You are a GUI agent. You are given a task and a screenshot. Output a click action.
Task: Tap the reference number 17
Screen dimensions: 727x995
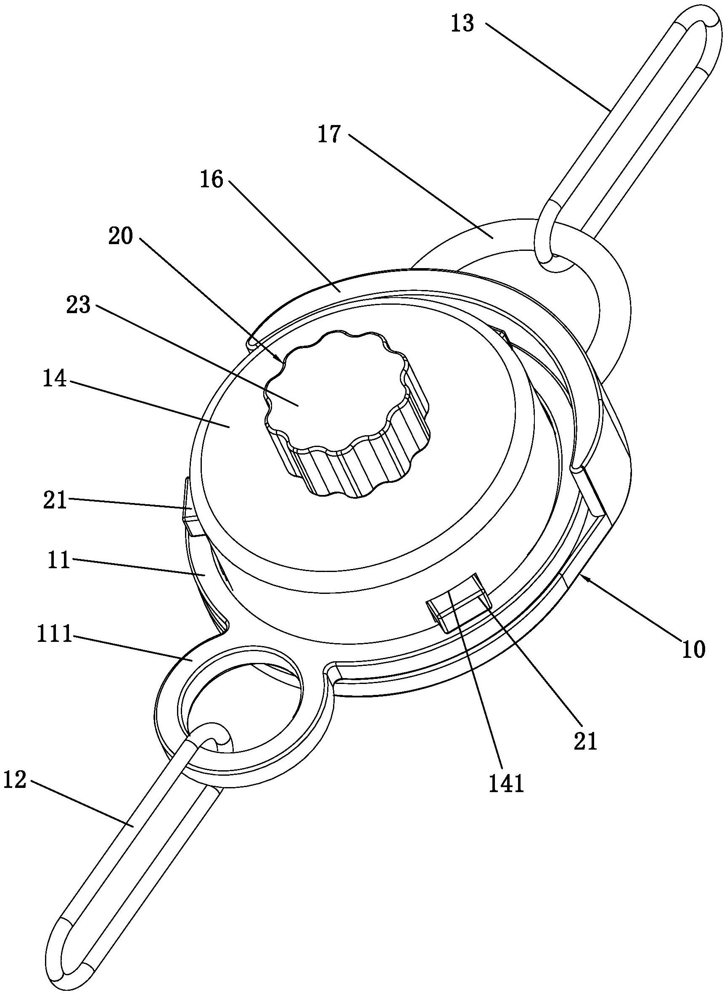[330, 135]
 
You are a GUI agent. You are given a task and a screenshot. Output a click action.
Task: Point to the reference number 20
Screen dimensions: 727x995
[120, 238]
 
